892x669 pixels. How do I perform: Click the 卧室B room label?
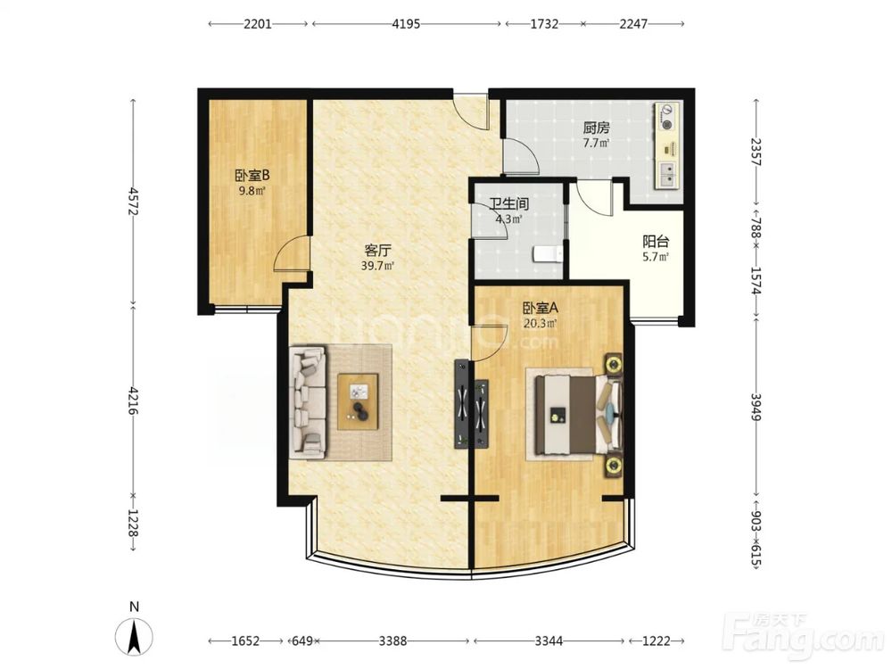[x=252, y=176]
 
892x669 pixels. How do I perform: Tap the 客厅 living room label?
[x=377, y=251]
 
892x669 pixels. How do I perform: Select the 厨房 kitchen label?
[x=596, y=128]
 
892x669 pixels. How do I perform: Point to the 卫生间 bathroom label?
[x=509, y=203]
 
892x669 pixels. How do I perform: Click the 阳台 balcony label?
[x=656, y=241]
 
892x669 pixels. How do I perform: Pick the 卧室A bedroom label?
[x=541, y=309]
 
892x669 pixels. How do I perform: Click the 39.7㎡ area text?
[x=377, y=265]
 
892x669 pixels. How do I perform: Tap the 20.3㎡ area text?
[x=540, y=324]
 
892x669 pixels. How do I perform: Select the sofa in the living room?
[x=309, y=403]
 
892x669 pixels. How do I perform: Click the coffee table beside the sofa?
[x=358, y=401]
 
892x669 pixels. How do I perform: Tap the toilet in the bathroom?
[x=549, y=253]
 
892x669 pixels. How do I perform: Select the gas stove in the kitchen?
[x=666, y=116]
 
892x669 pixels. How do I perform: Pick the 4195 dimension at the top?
[x=406, y=24]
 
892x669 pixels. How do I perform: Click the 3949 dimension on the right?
[x=756, y=408]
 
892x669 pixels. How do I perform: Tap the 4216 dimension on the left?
[x=134, y=401]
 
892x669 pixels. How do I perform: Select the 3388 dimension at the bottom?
[x=393, y=641]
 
